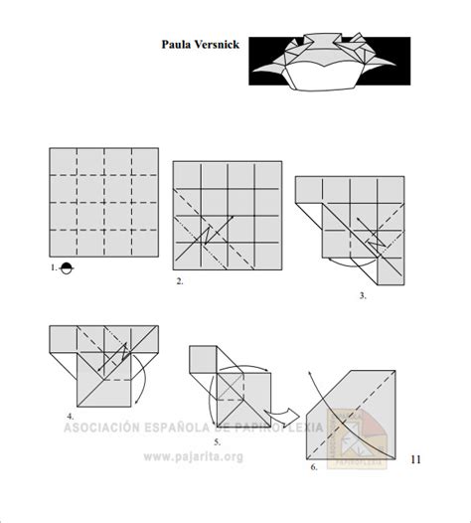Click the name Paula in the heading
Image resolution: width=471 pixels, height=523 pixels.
click(176, 45)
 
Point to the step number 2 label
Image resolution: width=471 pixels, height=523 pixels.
click(180, 281)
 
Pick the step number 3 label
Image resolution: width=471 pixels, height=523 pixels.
click(363, 295)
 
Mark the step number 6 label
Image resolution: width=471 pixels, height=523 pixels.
click(314, 465)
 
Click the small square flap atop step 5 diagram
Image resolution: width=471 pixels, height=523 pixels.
click(204, 359)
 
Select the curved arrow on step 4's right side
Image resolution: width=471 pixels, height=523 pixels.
click(144, 378)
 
